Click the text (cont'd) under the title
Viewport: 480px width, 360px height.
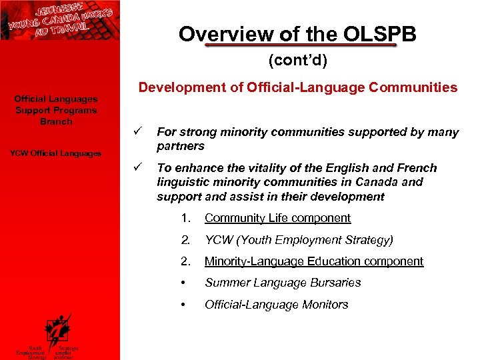297,61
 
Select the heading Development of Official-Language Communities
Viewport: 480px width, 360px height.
297,87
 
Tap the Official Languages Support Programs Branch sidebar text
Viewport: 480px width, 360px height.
56,110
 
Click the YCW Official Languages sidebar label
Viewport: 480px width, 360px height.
56,153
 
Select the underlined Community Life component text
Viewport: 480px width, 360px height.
277,218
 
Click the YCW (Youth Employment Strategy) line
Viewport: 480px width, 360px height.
299,239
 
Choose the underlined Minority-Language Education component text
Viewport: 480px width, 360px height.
313,261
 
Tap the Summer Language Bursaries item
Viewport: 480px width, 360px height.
283,283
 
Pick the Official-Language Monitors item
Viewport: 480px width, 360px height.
276,305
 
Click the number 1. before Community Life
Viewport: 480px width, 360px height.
185,218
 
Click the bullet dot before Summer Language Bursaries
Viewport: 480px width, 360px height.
183,283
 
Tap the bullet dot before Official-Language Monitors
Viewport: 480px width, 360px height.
183,305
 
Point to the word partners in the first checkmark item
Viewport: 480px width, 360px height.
180,146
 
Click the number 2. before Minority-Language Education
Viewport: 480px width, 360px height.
186,261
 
